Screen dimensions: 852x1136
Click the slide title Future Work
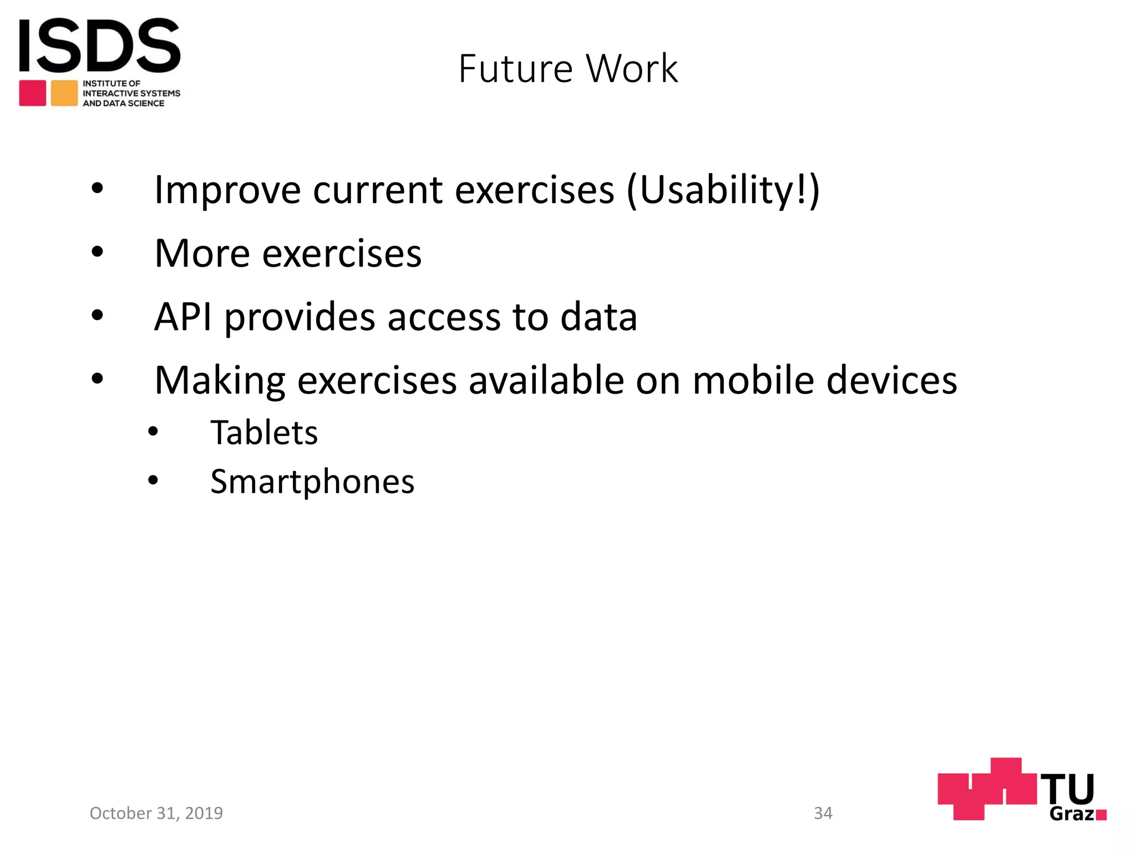pyautogui.click(x=568, y=69)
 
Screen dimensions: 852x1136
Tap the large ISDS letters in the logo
pyautogui.click(x=100, y=45)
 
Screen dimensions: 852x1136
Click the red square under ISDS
pyautogui.click(x=33, y=93)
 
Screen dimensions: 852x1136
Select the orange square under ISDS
pyautogui.click(x=64, y=93)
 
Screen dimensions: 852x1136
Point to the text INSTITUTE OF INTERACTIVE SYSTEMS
pyautogui.click(x=131, y=89)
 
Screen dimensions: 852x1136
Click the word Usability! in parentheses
pyautogui.click(x=722, y=190)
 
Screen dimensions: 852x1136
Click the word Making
pyautogui.click(x=220, y=382)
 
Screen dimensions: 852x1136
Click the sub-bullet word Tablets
pyautogui.click(x=264, y=433)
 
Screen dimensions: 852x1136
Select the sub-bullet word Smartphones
pyautogui.click(x=312, y=481)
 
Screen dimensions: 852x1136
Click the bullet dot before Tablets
pyautogui.click(x=153, y=432)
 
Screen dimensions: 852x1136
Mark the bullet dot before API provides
pyautogui.click(x=98, y=316)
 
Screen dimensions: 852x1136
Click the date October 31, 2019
pyautogui.click(x=156, y=813)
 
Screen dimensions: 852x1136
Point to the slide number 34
pyautogui.click(x=823, y=813)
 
